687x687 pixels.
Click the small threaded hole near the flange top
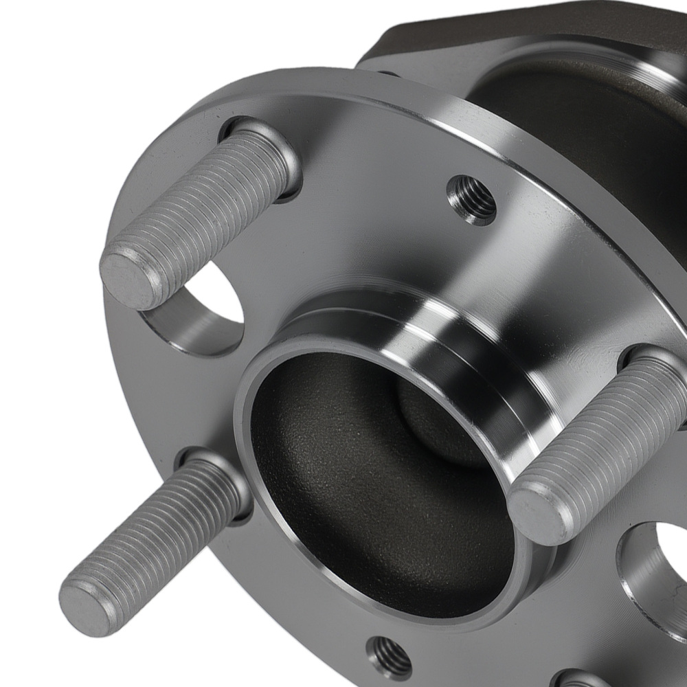point(473,198)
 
